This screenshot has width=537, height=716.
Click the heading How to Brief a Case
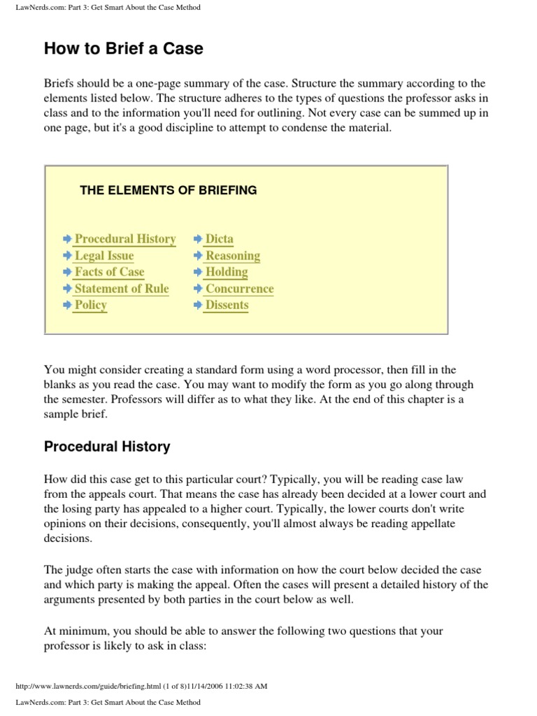[124, 48]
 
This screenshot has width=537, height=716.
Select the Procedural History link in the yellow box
[125, 239]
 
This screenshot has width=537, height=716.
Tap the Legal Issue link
[104, 256]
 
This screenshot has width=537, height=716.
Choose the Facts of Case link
[109, 272]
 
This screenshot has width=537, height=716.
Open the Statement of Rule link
[122, 289]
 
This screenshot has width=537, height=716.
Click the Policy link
[91, 306]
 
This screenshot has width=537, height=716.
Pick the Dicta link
[220, 239]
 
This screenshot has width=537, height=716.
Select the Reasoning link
[232, 256]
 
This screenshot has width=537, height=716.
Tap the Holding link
[227, 272]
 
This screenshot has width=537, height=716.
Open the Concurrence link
[239, 289]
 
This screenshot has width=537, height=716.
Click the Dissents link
[227, 306]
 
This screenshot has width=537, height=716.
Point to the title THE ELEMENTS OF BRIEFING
[169, 190]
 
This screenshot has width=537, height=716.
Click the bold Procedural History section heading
[107, 446]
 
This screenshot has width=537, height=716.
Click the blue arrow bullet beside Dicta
[199, 239]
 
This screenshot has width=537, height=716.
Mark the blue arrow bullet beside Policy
[67, 306]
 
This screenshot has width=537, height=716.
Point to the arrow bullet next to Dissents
[199, 306]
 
